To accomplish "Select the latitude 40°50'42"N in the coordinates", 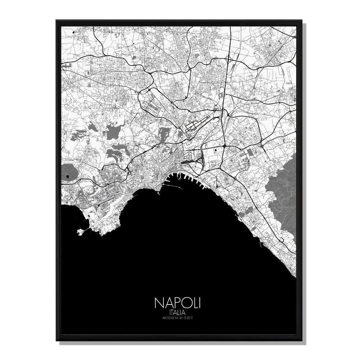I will pos(169,318).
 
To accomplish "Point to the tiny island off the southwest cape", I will pos(79,232).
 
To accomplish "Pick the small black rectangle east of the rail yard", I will pos(216,149).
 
